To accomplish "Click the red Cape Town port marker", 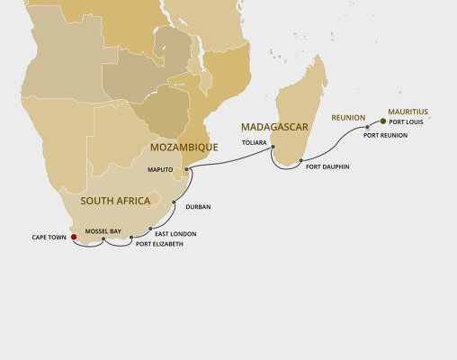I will tap(74, 238).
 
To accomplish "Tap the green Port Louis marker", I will tap(383, 121).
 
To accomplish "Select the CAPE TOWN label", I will tap(49, 238).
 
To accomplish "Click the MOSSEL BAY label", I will tap(103, 231).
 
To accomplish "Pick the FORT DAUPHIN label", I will tap(327, 167).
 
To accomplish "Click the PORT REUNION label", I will tap(386, 135).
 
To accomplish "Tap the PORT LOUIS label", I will tap(406, 121).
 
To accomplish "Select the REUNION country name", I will tap(348, 117).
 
